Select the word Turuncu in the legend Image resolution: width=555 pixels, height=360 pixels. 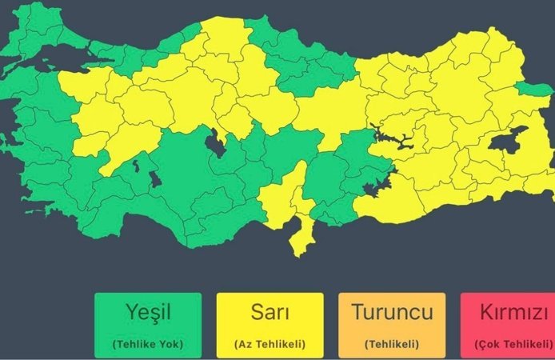tap(392, 312)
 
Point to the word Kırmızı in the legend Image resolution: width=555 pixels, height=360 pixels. tap(513, 312)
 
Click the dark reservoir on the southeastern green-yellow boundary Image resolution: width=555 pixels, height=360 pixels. tap(373, 189)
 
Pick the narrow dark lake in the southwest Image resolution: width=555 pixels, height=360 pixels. tap(136, 166)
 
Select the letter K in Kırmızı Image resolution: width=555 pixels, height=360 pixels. tap(482, 312)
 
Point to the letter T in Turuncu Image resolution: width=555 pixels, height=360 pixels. tap(357, 312)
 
